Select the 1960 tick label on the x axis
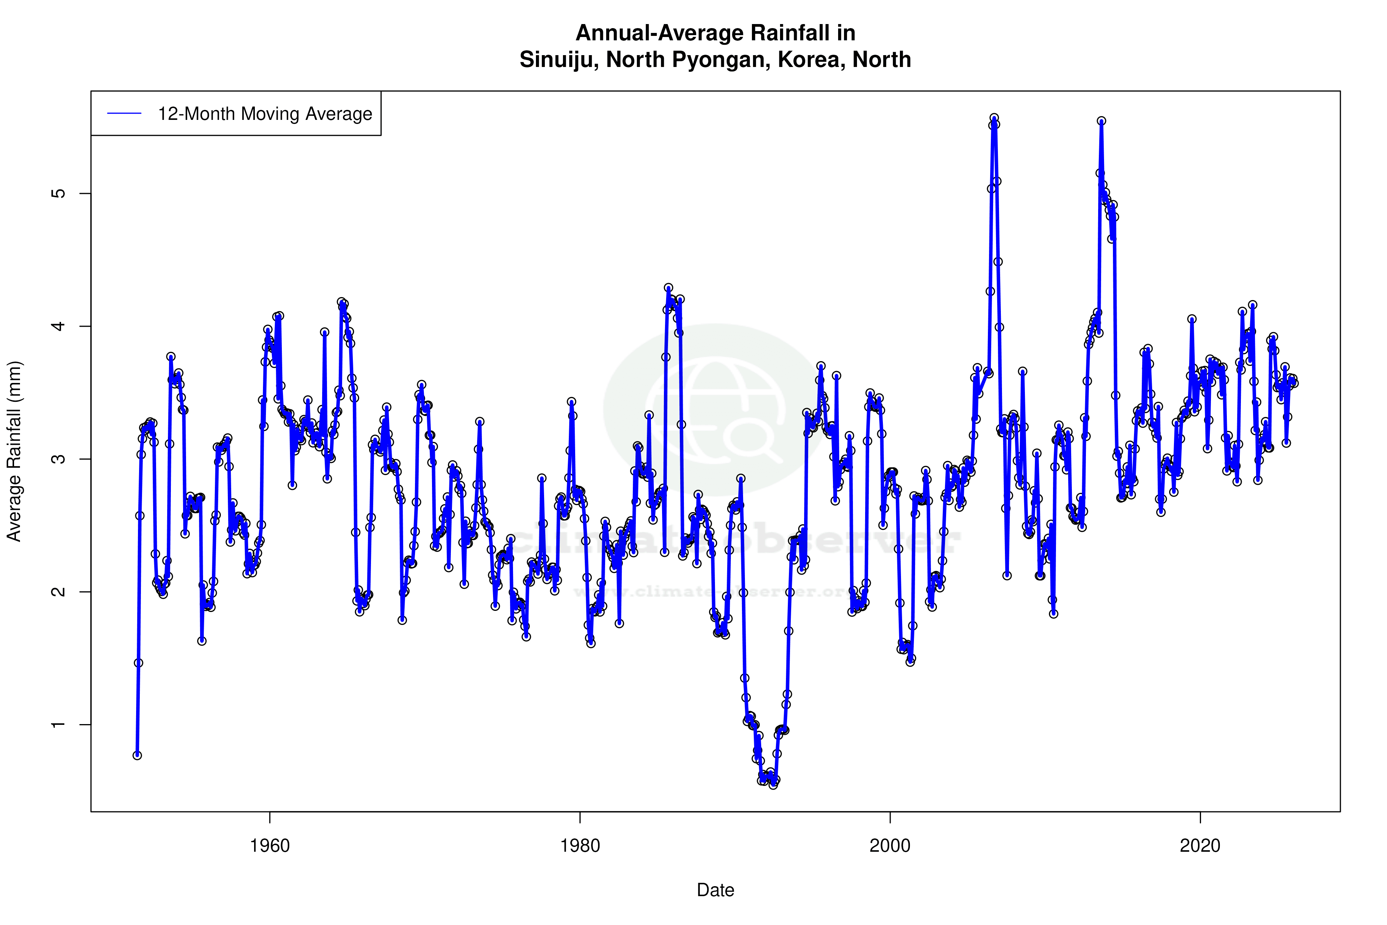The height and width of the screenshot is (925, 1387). coord(270,846)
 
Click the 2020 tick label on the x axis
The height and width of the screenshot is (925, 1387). coord(1200,846)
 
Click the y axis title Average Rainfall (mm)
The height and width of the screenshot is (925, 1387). coord(14,451)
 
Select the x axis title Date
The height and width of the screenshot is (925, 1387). coord(715,890)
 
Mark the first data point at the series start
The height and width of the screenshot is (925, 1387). coord(137,755)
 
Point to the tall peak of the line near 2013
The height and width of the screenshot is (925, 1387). coord(1101,121)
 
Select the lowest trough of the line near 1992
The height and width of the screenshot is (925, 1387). coord(773,785)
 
